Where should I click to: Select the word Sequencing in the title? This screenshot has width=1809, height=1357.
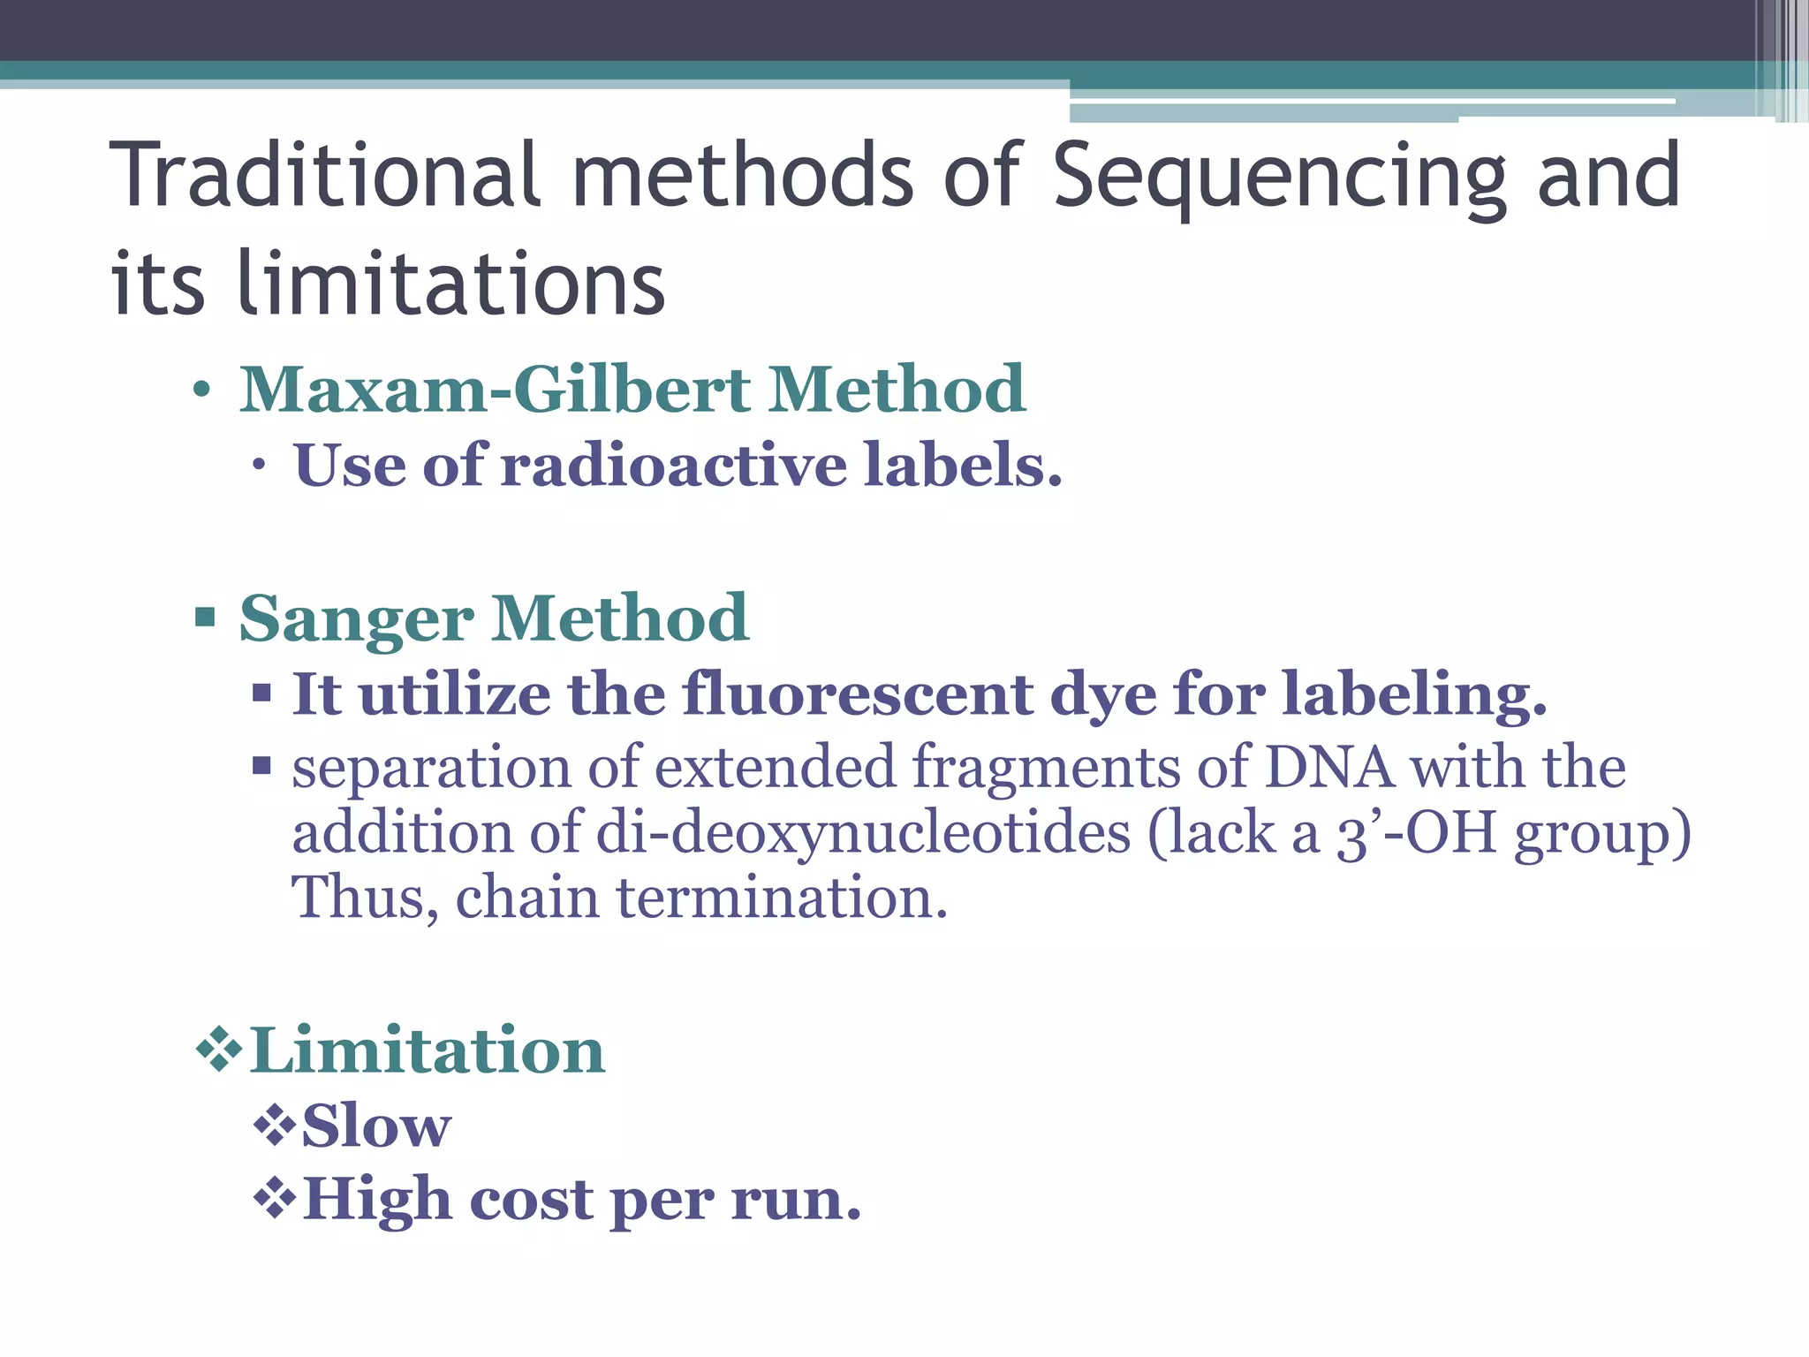coord(1279,177)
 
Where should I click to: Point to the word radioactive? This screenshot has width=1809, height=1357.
coord(674,465)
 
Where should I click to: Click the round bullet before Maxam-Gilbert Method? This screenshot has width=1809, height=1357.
coord(202,390)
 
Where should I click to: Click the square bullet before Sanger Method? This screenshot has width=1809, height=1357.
coord(205,616)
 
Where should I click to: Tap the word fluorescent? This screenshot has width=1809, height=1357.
coord(856,694)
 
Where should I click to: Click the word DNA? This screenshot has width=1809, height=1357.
coord(1329,766)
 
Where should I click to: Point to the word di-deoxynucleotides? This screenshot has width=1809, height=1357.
coord(863,832)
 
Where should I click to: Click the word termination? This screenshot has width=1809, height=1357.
coord(782,898)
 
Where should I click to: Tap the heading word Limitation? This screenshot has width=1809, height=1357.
coord(428,1050)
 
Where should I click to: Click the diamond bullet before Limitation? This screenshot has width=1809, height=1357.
coord(218,1050)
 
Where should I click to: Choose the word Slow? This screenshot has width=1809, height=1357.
coord(376,1126)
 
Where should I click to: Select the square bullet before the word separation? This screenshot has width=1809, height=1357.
coord(261,765)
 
